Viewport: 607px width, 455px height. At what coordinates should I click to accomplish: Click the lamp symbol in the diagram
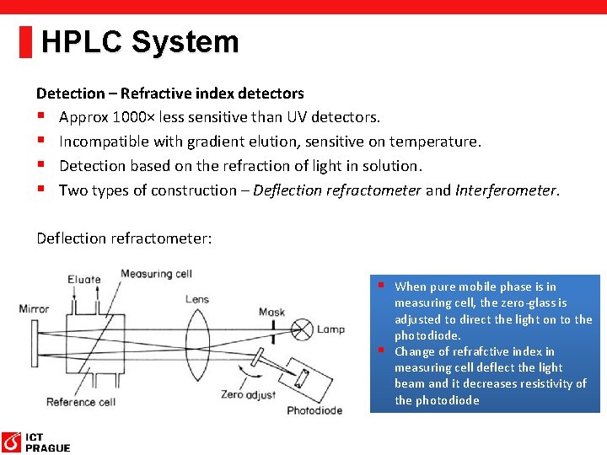click(x=301, y=328)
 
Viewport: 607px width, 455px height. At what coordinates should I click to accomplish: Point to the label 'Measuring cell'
click(x=157, y=274)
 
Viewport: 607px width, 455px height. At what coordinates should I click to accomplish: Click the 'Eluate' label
click(x=83, y=280)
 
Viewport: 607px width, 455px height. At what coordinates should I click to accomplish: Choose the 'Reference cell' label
click(x=81, y=402)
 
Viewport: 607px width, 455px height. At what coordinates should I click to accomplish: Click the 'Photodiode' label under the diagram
click(x=314, y=410)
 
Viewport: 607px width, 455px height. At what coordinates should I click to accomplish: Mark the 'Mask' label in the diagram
click(x=271, y=313)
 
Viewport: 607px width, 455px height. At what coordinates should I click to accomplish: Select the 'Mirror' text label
click(x=35, y=309)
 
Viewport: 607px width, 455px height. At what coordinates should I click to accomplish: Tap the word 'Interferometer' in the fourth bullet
click(x=506, y=190)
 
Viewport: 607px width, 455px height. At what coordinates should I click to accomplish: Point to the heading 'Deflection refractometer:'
click(x=124, y=238)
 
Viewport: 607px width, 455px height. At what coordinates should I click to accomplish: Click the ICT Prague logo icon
click(x=12, y=442)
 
